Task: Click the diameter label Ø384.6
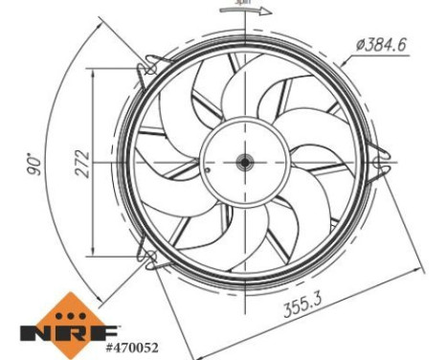coord(390,43)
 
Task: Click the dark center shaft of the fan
coord(244,163)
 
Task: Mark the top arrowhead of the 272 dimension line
coord(93,71)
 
